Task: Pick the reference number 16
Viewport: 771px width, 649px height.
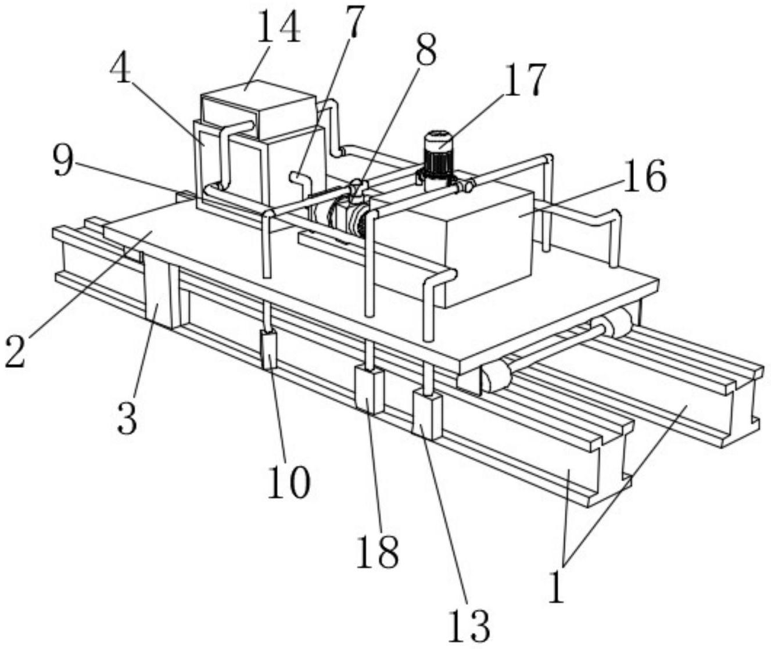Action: click(644, 177)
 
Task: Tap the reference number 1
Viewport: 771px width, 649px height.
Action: click(556, 590)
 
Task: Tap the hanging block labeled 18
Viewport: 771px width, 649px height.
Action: click(369, 390)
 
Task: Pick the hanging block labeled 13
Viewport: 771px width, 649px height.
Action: click(427, 415)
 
